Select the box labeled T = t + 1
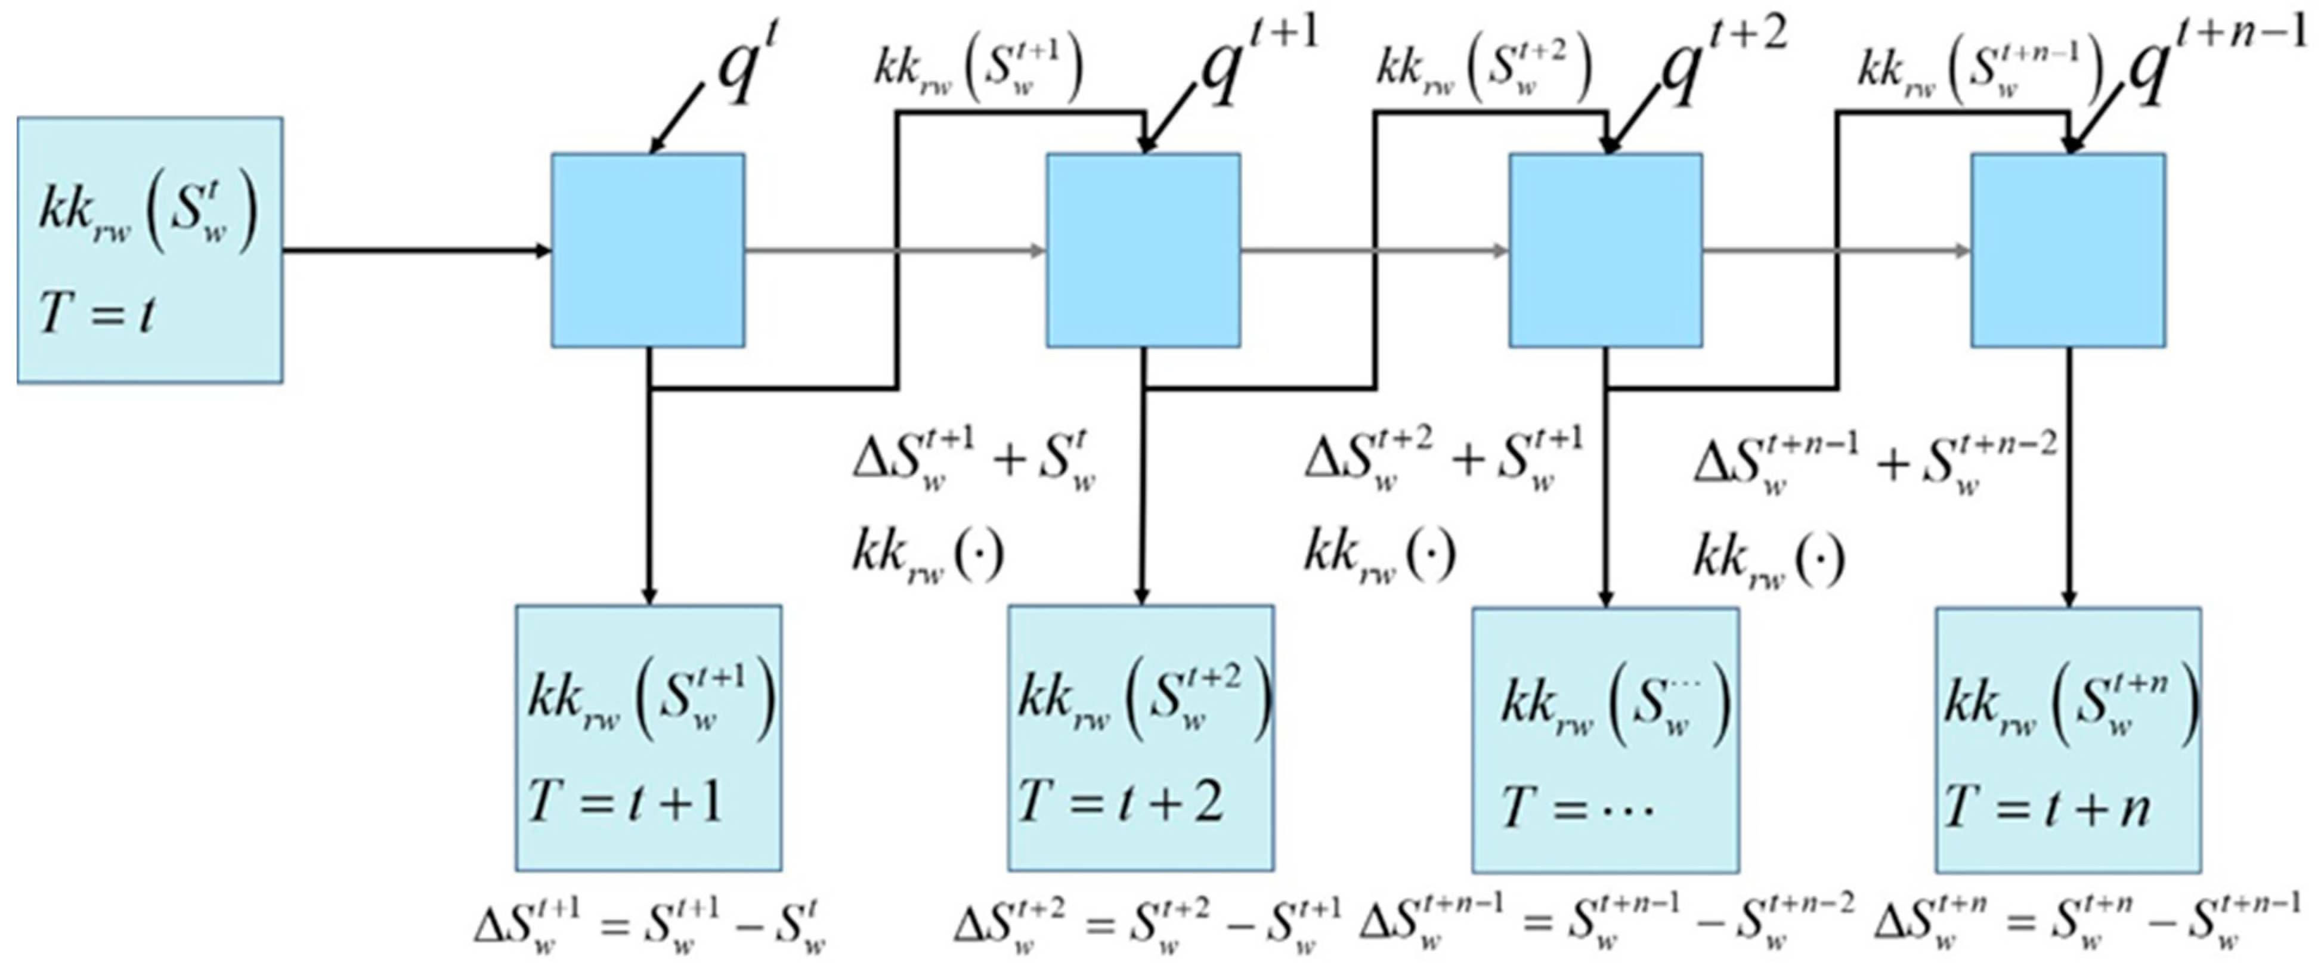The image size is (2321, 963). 648,738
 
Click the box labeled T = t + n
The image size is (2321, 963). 2068,739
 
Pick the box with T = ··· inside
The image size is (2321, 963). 1605,739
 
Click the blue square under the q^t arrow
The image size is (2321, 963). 648,250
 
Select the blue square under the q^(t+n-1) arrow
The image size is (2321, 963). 2068,250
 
